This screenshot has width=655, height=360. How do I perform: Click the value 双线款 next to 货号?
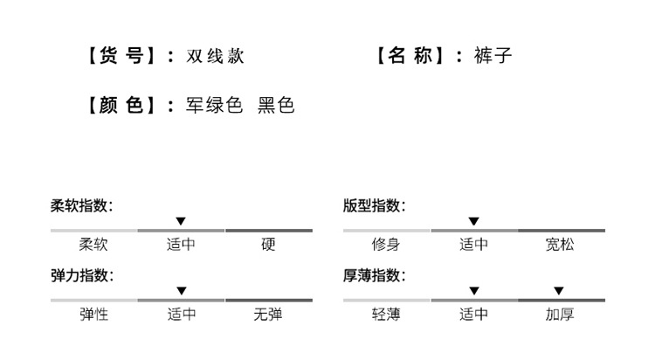(215, 56)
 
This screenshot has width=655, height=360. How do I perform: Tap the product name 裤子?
(494, 56)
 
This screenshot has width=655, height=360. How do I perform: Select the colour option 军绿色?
(215, 106)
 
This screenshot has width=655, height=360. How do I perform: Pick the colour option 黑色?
(276, 106)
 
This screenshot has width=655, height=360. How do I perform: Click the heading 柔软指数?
(81, 206)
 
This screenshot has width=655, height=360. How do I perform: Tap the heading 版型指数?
(374, 206)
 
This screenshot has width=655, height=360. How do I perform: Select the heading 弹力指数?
(81, 276)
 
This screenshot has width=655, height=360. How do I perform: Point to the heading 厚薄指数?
(374, 276)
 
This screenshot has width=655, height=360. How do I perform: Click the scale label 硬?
(268, 245)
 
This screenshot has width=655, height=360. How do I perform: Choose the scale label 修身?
(386, 245)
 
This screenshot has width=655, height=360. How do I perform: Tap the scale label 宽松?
(560, 245)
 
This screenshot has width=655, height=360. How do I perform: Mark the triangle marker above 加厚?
(559, 291)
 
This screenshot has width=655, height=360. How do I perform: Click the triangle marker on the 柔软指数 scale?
(181, 221)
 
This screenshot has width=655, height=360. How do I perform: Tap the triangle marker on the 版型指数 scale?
(473, 221)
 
